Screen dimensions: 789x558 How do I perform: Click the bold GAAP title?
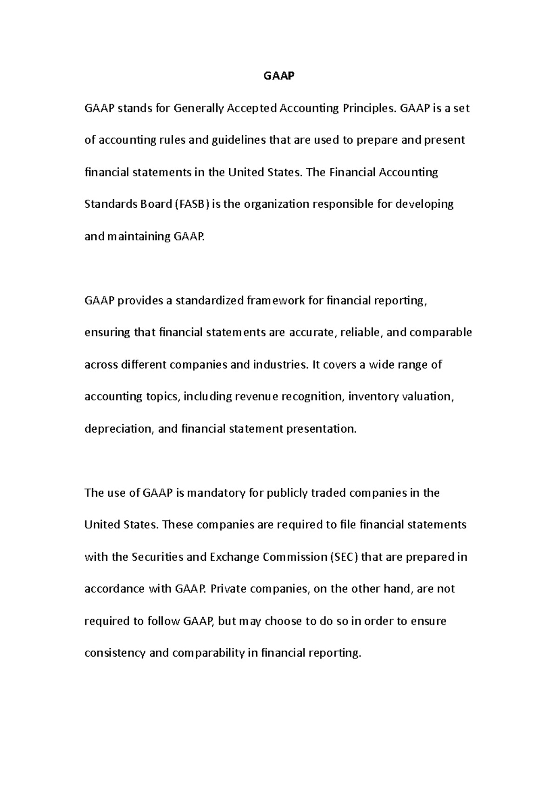click(279, 76)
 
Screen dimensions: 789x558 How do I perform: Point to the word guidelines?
click(239, 140)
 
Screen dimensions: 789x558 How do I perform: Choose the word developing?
click(424, 204)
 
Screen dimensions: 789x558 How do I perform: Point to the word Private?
click(228, 589)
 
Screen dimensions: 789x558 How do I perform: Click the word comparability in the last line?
click(208, 653)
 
